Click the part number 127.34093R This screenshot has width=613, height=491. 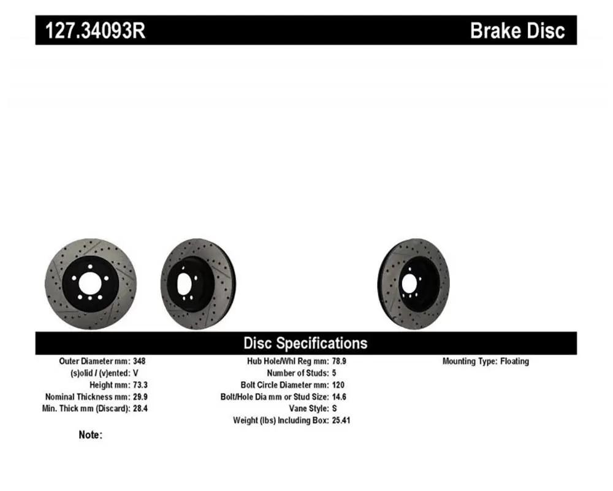pyautogui.click(x=96, y=31)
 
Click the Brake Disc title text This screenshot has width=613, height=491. pyautogui.click(x=517, y=31)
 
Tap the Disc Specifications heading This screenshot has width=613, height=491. pyautogui.click(x=305, y=343)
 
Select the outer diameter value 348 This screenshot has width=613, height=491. pyautogui.click(x=139, y=361)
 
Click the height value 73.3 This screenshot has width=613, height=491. pyautogui.click(x=140, y=385)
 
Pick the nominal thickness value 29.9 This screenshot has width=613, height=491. pyautogui.click(x=140, y=396)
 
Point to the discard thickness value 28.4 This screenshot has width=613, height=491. pyautogui.click(x=140, y=408)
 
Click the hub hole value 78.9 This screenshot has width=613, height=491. pyautogui.click(x=339, y=361)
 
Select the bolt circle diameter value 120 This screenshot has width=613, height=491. pyautogui.click(x=338, y=385)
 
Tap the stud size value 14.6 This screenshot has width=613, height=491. pyautogui.click(x=340, y=396)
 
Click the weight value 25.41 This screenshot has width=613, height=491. pyautogui.click(x=341, y=420)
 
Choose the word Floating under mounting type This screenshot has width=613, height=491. pyautogui.click(x=514, y=361)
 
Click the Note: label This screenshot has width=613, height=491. pyautogui.click(x=90, y=435)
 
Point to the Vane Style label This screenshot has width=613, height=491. pyautogui.click(x=309, y=408)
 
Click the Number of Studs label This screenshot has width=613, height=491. pyautogui.click(x=298, y=373)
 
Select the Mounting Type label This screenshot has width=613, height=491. pyautogui.click(x=470, y=361)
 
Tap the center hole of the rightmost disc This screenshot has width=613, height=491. pyautogui.click(x=409, y=283)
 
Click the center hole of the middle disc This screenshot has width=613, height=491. pyautogui.click(x=184, y=283)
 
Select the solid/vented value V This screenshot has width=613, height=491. pyautogui.click(x=135, y=373)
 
